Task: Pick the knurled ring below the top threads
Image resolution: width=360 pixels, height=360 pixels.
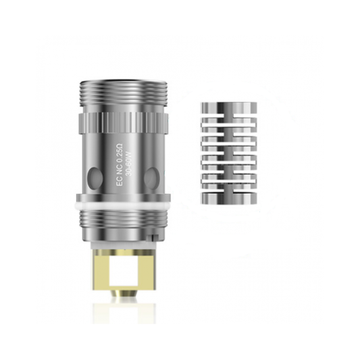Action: click(x=123, y=122)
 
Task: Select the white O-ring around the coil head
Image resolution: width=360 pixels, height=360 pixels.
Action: click(x=123, y=201)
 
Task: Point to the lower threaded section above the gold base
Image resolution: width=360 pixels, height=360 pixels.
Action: click(x=123, y=221)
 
